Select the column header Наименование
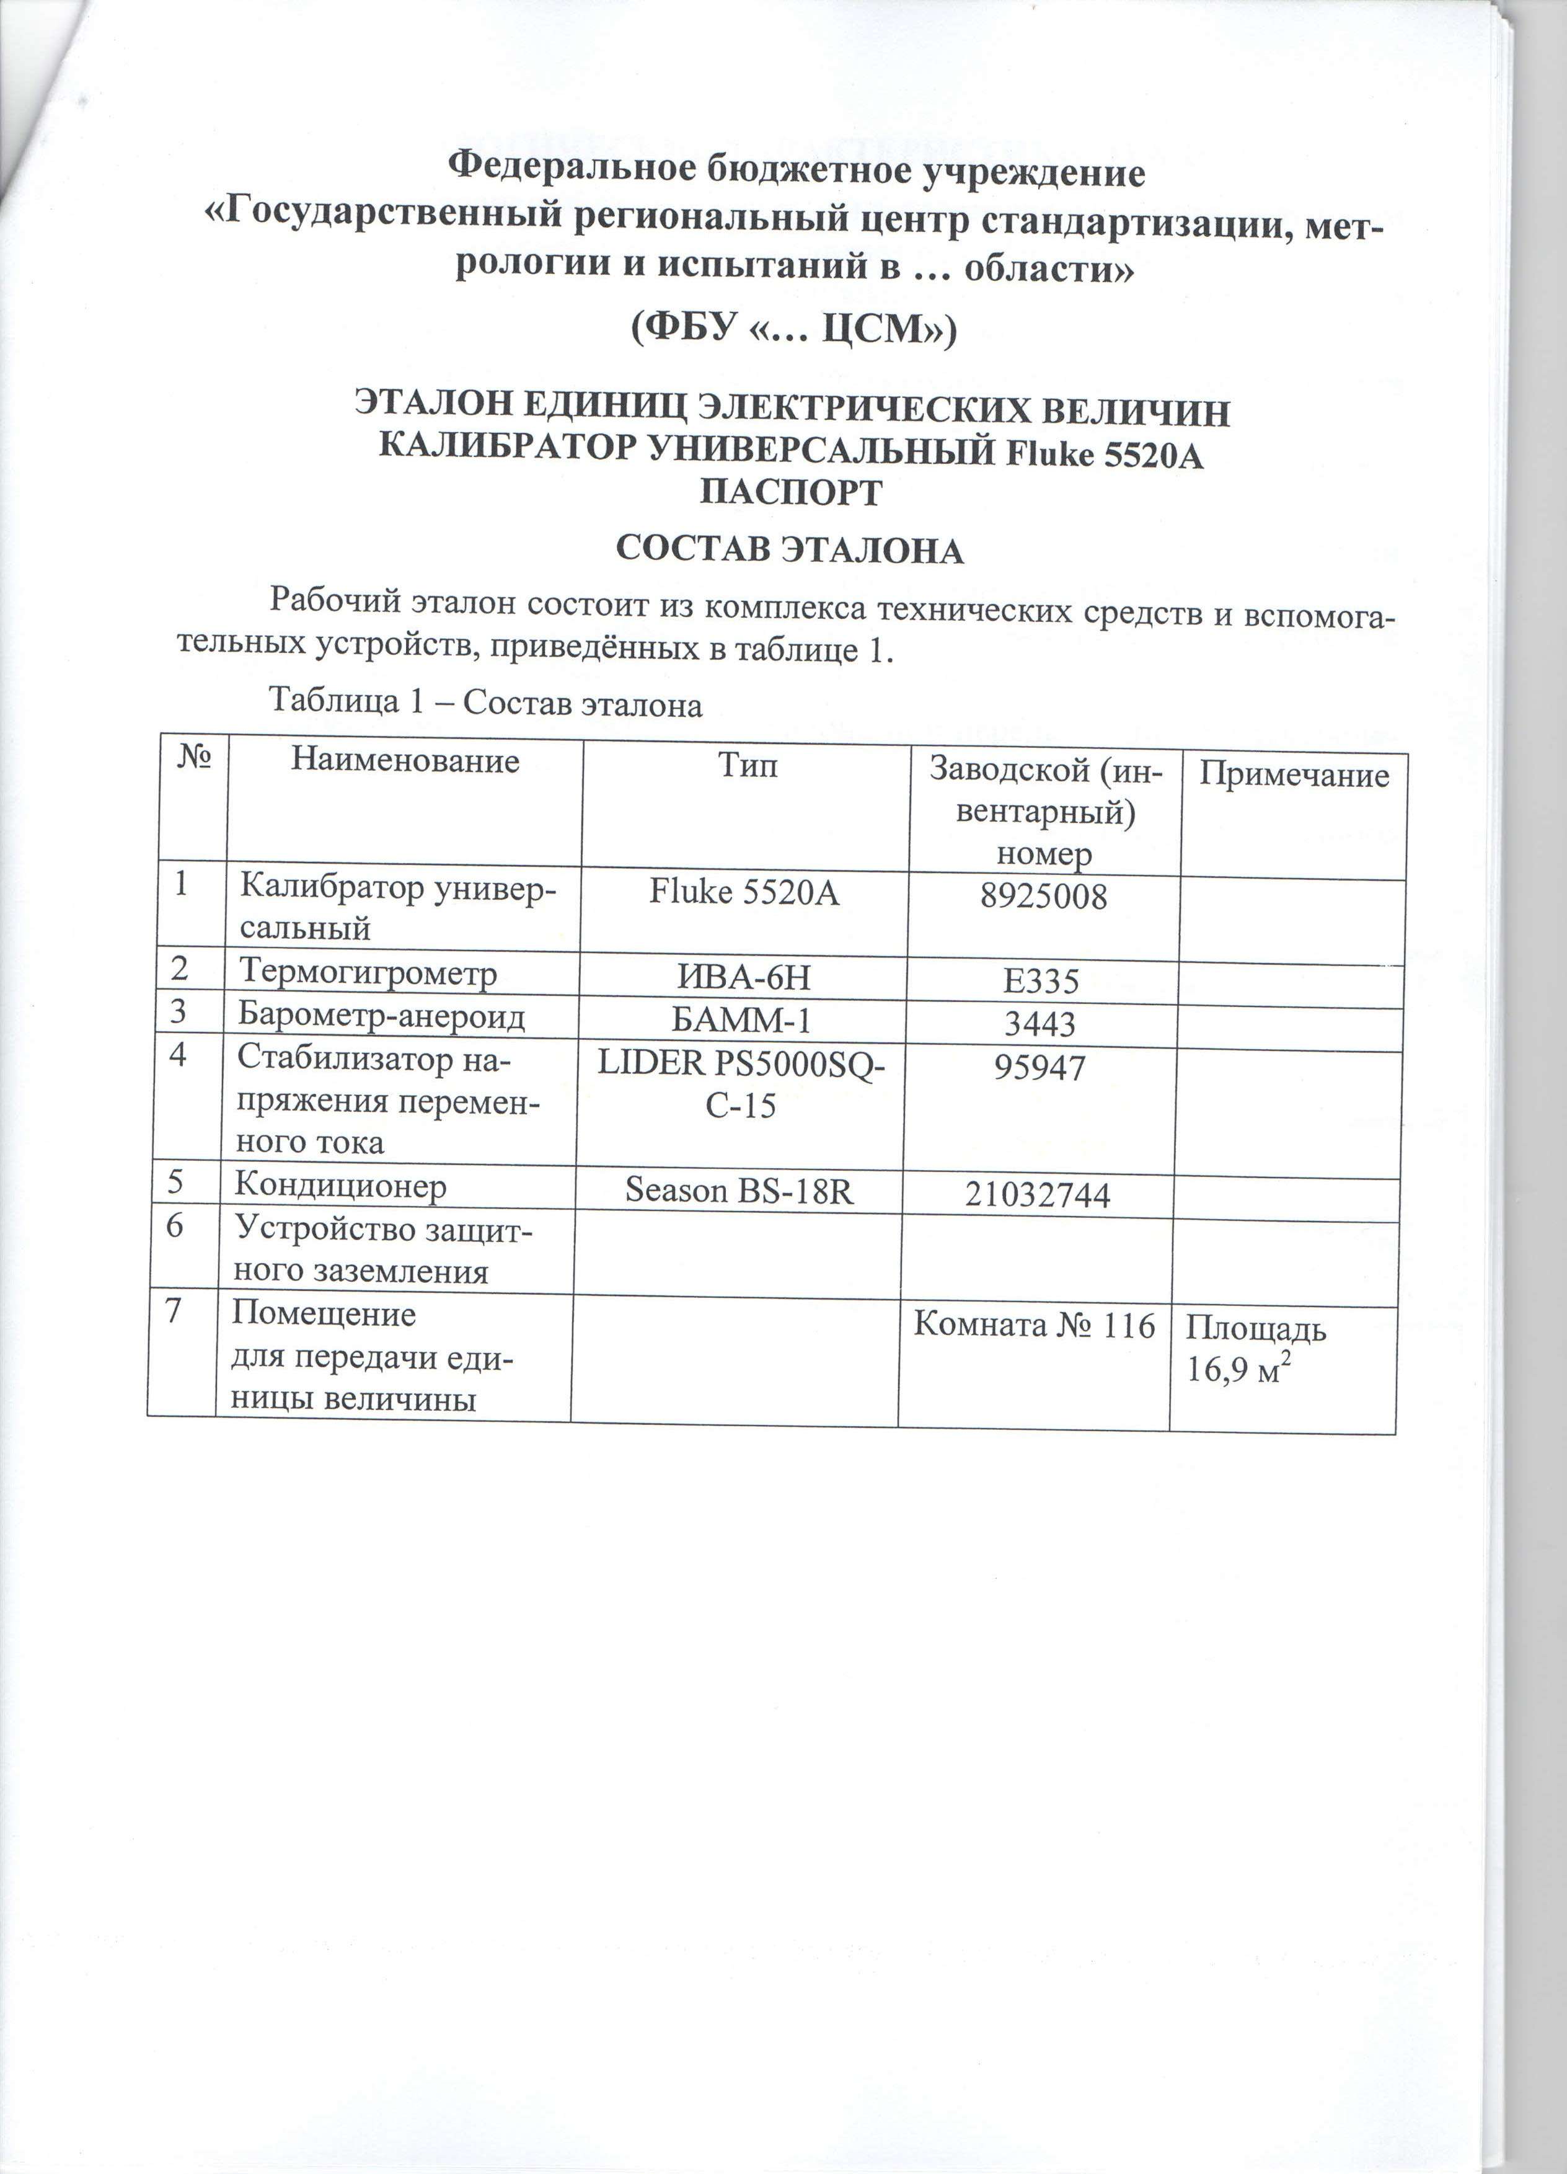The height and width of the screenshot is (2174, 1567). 405,761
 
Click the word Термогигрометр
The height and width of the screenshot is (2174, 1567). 368,973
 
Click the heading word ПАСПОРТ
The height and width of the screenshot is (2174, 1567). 791,493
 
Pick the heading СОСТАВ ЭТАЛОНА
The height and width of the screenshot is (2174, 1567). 790,550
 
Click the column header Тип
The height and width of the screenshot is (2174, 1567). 748,765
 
